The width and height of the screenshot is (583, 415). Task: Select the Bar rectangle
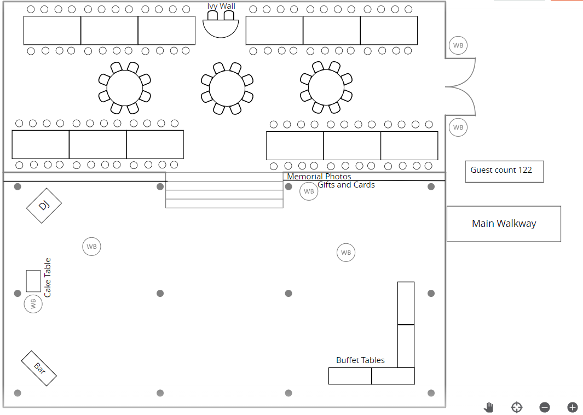tap(39, 368)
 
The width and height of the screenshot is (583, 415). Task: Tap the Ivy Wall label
tap(221, 6)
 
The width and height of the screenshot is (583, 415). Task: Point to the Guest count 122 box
tap(504, 172)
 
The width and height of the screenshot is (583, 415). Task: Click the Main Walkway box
tap(504, 224)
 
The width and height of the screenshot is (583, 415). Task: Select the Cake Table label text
tap(47, 278)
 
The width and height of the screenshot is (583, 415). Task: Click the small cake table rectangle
tap(33, 281)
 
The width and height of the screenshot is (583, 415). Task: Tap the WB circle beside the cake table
tap(33, 304)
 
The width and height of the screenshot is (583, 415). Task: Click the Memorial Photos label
tap(319, 177)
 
